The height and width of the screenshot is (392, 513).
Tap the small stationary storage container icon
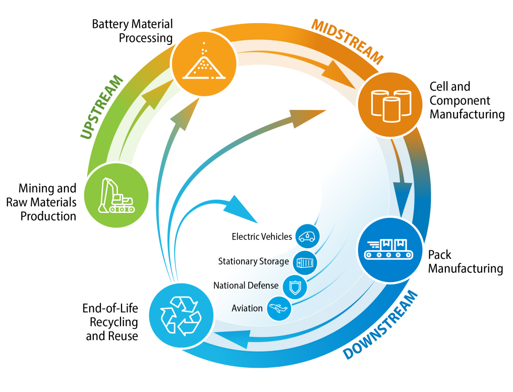coord(305,262)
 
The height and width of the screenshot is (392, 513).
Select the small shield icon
coord(293,287)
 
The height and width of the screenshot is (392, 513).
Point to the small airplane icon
coord(277,308)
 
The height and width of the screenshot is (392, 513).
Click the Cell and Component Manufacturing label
coord(466,100)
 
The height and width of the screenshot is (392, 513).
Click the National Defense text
coord(246,285)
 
